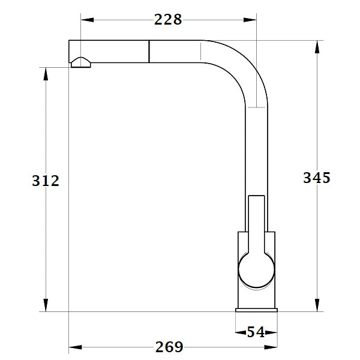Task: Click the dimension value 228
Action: click(168, 20)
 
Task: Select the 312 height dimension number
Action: click(45, 180)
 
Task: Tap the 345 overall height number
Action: click(316, 178)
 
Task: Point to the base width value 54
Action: click(256, 332)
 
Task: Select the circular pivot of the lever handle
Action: click(257, 268)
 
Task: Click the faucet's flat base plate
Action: click(257, 308)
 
